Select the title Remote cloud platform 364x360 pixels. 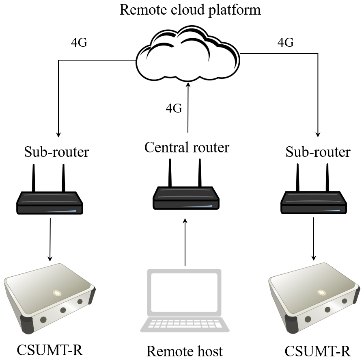[x=190, y=9]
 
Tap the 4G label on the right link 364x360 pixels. [x=285, y=43]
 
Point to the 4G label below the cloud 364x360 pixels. [x=174, y=108]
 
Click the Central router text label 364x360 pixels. [x=187, y=147]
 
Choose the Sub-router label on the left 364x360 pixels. [x=56, y=152]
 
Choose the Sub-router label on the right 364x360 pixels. [x=318, y=152]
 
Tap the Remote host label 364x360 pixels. [x=184, y=351]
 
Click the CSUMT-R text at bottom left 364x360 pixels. [x=50, y=349]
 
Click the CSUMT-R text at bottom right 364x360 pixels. [x=317, y=350]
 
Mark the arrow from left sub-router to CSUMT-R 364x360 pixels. [x=50, y=239]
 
